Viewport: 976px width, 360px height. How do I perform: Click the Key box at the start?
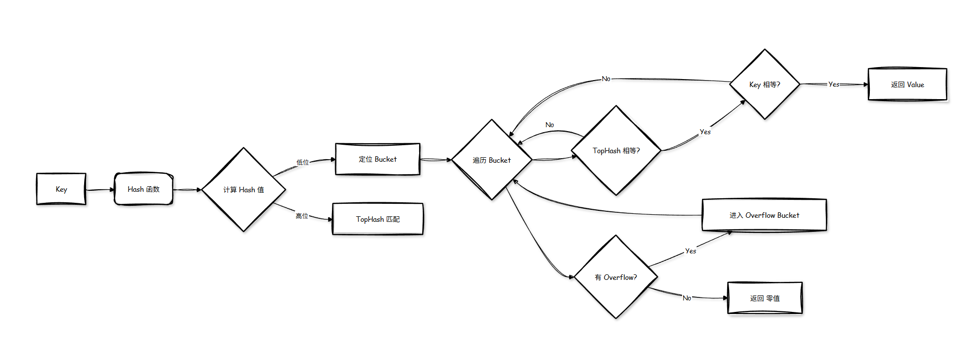[61, 189]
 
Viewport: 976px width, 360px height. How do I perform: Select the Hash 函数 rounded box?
[144, 189]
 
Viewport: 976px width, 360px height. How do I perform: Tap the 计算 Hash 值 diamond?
[243, 190]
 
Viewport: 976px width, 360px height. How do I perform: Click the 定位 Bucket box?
[378, 159]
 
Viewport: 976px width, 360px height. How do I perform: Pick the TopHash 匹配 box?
[378, 219]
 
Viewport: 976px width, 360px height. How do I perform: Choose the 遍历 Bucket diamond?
[492, 160]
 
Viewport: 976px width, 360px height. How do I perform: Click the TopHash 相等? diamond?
[616, 151]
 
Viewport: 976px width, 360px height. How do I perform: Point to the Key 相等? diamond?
[765, 85]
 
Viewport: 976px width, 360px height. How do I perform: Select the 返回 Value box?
[907, 85]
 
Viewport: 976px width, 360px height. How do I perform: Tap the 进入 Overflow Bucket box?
[764, 215]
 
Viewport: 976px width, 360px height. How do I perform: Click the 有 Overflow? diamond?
[615, 277]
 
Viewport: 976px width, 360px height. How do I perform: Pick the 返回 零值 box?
[765, 298]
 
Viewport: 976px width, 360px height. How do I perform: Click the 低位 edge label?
[302, 162]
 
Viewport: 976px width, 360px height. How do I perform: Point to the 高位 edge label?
[301, 216]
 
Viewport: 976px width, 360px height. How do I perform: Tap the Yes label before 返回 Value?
[834, 85]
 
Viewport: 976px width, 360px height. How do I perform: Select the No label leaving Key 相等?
[606, 79]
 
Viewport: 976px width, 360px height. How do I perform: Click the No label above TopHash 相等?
[549, 125]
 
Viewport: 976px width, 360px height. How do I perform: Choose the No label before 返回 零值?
[687, 298]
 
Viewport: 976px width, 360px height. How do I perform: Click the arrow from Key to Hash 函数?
[100, 190]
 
